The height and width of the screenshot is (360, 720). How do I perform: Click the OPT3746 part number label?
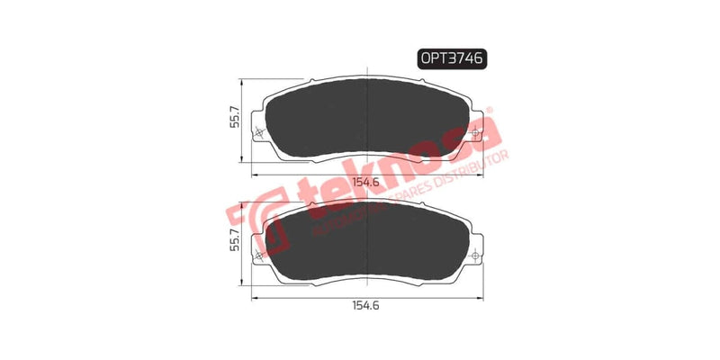(x=453, y=58)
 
